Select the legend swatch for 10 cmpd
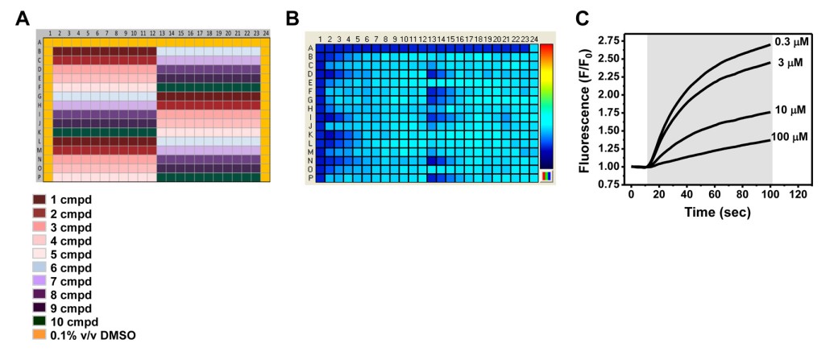click(39, 321)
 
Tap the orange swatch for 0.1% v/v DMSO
click(39, 335)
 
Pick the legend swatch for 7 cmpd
click(39, 280)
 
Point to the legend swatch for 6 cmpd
click(39, 267)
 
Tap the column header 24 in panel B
click(534, 39)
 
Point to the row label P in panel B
click(310, 179)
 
